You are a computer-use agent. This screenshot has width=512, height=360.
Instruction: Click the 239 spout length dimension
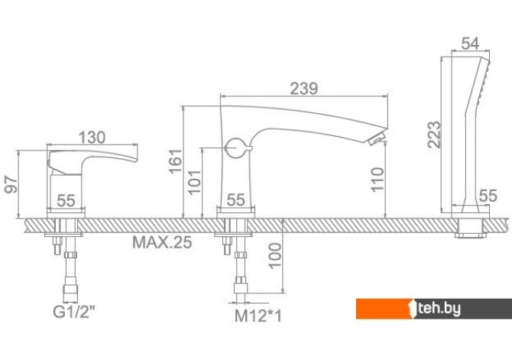click(303, 89)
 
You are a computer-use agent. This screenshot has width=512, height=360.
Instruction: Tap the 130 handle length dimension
click(92, 138)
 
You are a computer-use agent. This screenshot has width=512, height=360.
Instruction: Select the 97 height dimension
click(11, 184)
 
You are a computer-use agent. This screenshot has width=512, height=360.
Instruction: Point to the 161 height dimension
click(175, 161)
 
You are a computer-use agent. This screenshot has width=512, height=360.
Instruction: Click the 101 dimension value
click(195, 182)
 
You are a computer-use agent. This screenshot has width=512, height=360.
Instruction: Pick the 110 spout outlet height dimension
click(378, 180)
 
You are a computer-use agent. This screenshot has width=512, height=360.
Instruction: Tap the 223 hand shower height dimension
click(434, 135)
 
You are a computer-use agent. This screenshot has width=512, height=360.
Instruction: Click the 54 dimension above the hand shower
click(470, 44)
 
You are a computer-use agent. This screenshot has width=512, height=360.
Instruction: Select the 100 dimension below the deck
click(274, 256)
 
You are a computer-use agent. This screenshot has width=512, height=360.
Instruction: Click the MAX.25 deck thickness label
click(162, 242)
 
